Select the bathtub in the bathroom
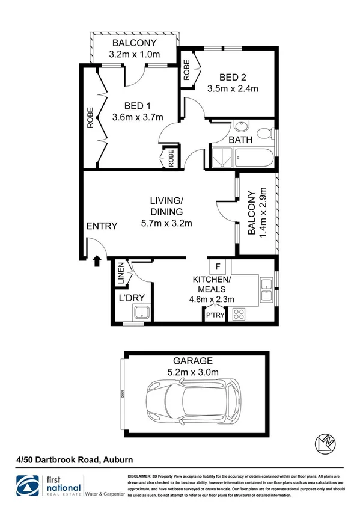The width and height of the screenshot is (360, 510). (251, 159)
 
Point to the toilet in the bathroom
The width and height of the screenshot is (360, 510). (262, 134)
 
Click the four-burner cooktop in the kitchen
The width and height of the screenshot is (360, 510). (238, 313)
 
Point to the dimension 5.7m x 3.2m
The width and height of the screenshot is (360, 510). (166, 224)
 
